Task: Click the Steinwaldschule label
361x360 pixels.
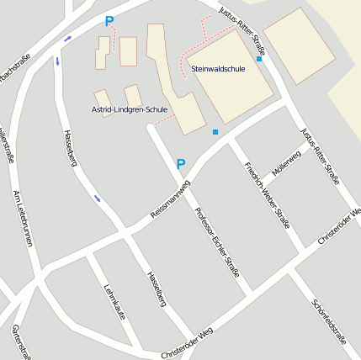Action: click(x=218, y=69)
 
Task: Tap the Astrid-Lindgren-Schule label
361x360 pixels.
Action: click(x=130, y=109)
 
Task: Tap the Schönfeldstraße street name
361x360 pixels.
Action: click(x=329, y=320)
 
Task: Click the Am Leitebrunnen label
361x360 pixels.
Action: click(x=23, y=218)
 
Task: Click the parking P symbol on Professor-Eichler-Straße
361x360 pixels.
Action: click(x=180, y=164)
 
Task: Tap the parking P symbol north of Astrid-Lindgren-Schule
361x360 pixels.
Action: click(x=109, y=21)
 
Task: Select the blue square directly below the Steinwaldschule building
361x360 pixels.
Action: click(x=215, y=132)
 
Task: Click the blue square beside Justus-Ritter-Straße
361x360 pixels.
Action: click(x=259, y=59)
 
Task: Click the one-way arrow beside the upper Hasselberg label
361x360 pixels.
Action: click(x=98, y=199)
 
